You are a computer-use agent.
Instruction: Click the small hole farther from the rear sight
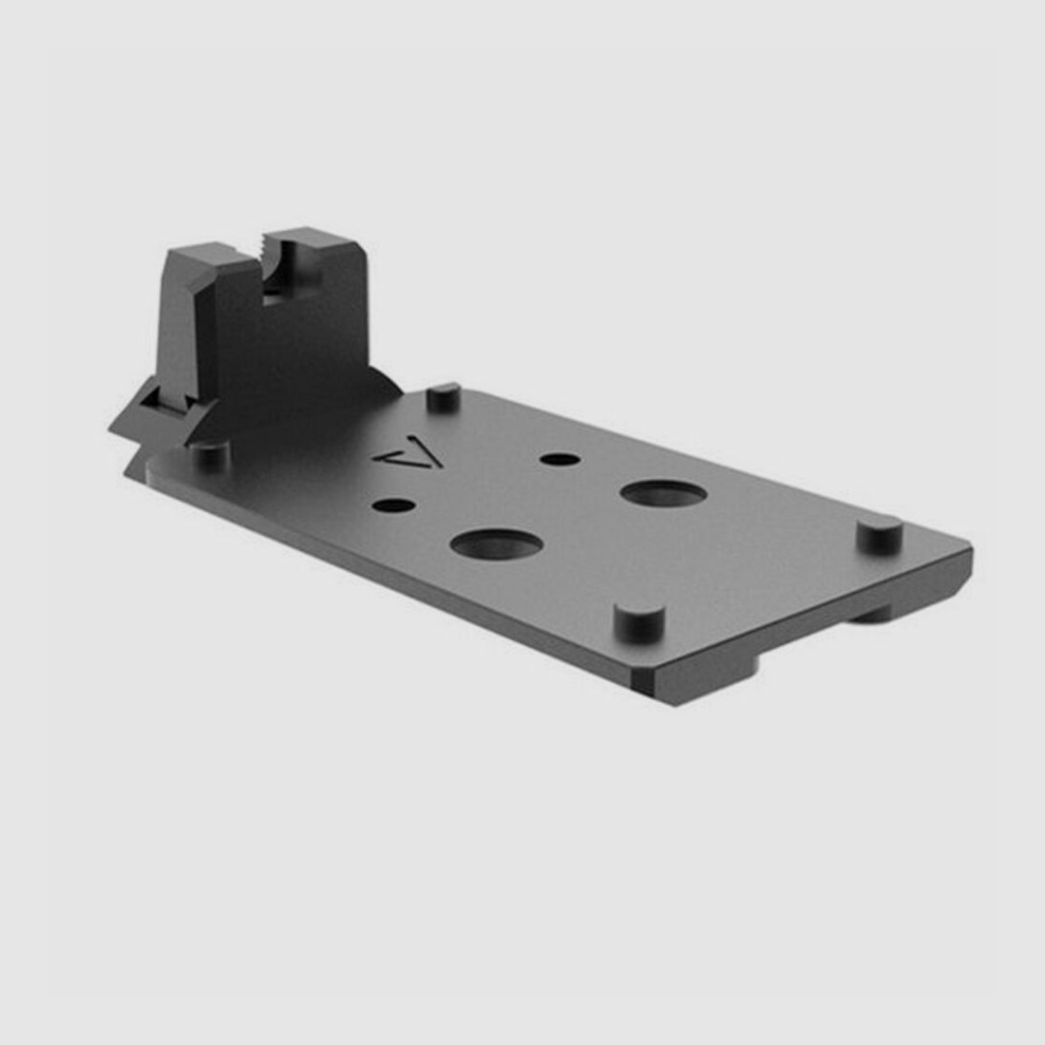[560, 460]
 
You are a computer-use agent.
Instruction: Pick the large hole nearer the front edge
[496, 544]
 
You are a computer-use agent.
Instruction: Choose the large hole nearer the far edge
[663, 493]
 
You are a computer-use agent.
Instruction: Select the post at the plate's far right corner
[879, 534]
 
